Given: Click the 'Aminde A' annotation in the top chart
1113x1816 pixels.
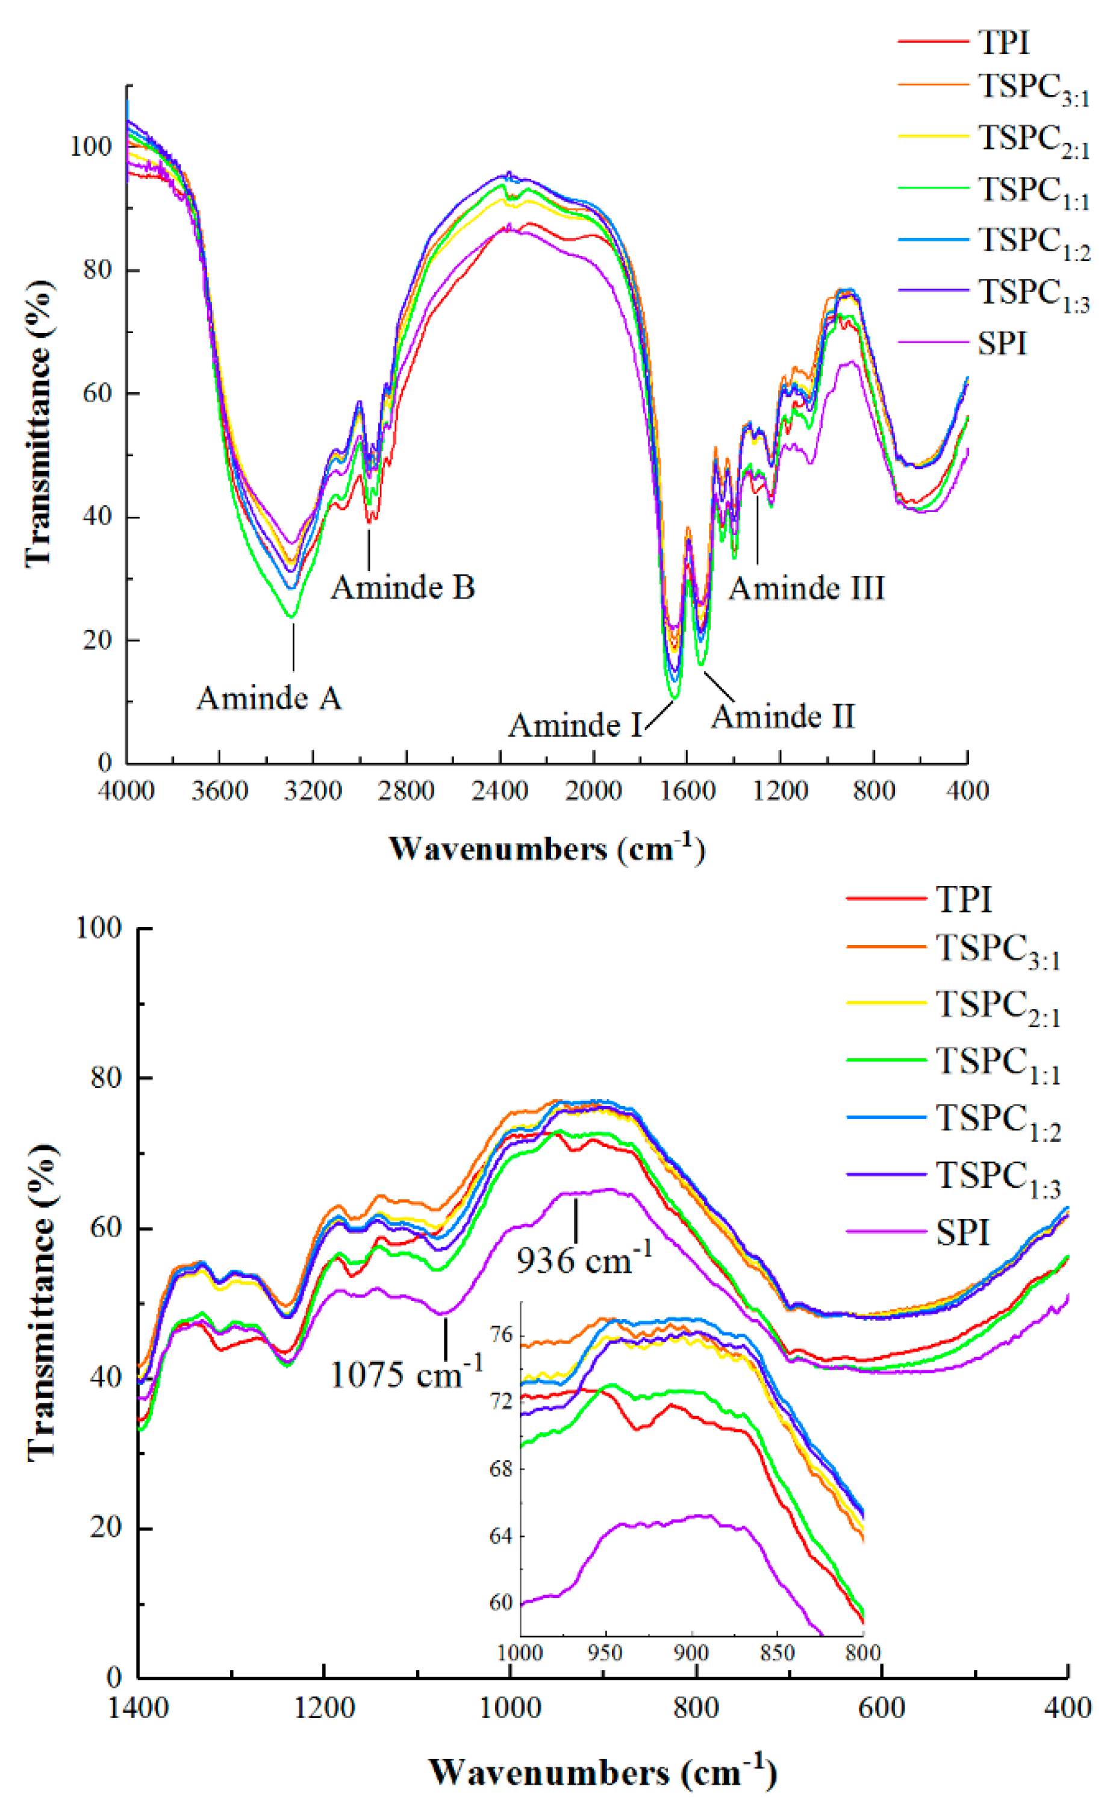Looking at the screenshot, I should [x=269, y=698].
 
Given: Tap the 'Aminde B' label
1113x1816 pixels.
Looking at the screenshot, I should [x=402, y=587].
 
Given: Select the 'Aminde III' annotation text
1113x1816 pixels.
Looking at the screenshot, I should [x=806, y=588].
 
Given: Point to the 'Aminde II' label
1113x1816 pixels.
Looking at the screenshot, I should [x=783, y=716].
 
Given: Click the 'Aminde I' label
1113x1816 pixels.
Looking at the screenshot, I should [x=575, y=725].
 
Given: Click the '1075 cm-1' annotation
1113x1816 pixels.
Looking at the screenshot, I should [x=406, y=1374].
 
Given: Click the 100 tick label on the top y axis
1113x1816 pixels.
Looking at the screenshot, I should [x=91, y=147].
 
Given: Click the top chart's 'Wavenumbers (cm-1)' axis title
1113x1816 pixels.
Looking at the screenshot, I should [x=547, y=849].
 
